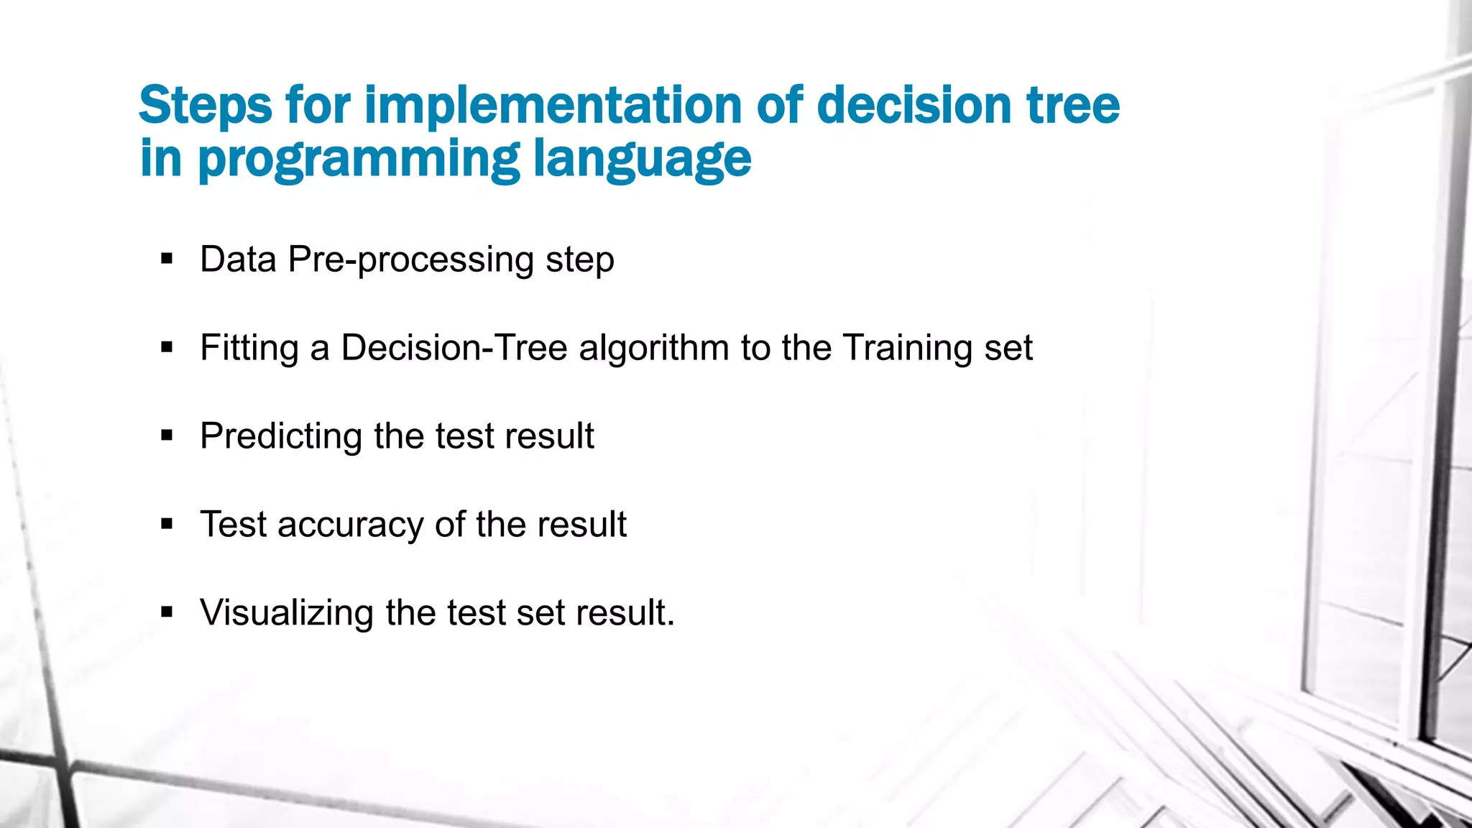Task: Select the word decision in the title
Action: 914,105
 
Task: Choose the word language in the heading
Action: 642,160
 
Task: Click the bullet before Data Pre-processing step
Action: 167,259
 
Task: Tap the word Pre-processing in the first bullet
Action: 410,259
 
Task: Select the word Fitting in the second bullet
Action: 249,349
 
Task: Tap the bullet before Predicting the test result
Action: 167,436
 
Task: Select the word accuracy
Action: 351,525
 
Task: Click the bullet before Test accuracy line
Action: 167,524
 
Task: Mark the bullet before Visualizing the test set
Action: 167,612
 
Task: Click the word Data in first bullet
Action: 238,259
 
